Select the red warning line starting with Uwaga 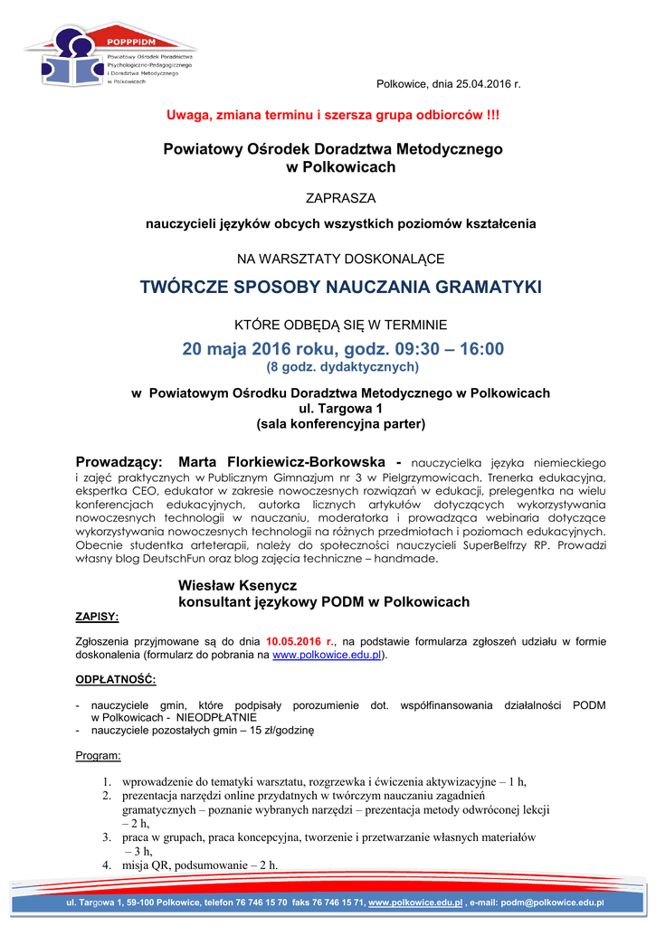tap(332, 116)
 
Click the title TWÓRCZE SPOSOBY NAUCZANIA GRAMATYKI tap(340, 288)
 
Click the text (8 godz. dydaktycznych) tap(341, 367)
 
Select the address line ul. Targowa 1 tap(341, 408)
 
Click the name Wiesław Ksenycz tap(237, 586)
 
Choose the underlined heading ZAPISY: tap(96, 616)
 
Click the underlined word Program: tap(98, 755)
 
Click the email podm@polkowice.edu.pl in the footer tap(551, 902)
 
